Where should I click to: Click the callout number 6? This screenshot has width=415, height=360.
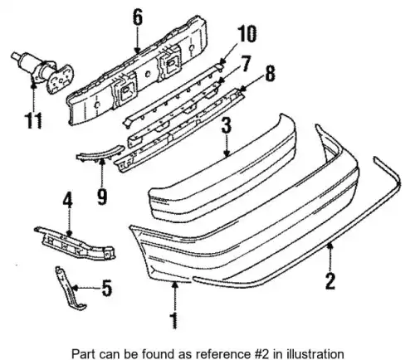click(x=138, y=18)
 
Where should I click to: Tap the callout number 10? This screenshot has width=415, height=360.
click(x=247, y=34)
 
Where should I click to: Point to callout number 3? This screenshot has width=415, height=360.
click(x=227, y=126)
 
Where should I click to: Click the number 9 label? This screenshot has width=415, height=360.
click(x=102, y=196)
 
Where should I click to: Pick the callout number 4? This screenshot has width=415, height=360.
click(x=67, y=200)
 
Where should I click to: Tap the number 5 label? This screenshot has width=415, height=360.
click(x=107, y=288)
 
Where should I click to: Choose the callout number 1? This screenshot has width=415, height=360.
click(x=174, y=320)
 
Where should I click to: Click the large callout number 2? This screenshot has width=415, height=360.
click(x=330, y=280)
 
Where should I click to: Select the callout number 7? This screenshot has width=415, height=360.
click(x=246, y=64)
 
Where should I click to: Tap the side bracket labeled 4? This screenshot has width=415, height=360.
click(x=75, y=244)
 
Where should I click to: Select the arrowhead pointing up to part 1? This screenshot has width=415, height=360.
click(x=174, y=285)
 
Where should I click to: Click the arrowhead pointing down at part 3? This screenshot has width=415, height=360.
click(x=227, y=153)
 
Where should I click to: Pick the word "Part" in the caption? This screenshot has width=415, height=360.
click(x=82, y=353)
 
